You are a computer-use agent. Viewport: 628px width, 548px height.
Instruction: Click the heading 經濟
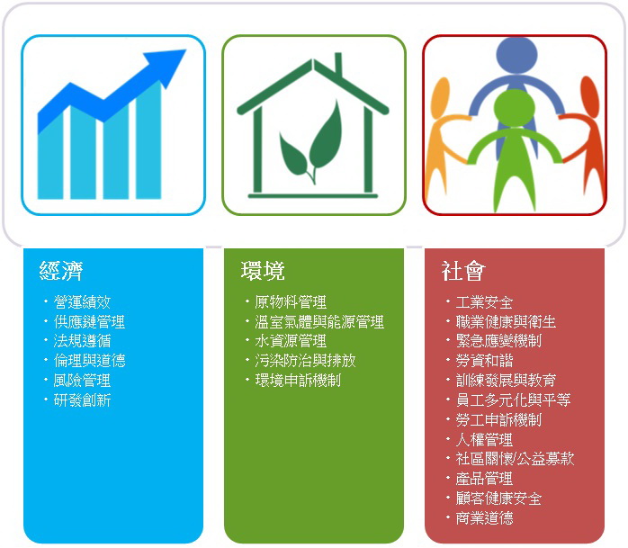pyautogui.click(x=61, y=270)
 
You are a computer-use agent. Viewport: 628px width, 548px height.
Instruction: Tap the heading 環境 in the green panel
pyautogui.click(x=263, y=270)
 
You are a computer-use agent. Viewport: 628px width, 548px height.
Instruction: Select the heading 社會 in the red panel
pyautogui.click(x=463, y=270)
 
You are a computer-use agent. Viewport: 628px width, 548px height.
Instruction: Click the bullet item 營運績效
pyautogui.click(x=82, y=302)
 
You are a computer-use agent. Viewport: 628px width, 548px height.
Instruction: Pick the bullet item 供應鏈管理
pyautogui.click(x=89, y=321)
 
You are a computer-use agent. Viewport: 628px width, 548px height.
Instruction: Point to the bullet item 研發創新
pyautogui.click(x=82, y=400)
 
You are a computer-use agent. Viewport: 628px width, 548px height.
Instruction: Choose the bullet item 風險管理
pyautogui.click(x=82, y=380)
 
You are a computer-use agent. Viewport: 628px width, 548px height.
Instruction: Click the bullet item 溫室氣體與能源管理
pyautogui.click(x=319, y=321)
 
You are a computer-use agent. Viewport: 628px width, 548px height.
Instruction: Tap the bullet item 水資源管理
pyautogui.click(x=291, y=341)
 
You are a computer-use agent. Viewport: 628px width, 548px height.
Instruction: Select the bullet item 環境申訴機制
pyautogui.click(x=298, y=380)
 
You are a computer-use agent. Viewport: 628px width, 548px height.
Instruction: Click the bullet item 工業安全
pyautogui.click(x=484, y=302)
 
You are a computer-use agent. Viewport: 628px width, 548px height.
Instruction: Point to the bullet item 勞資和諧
pyautogui.click(x=484, y=361)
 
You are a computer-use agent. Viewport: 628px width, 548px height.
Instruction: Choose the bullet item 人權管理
pyautogui.click(x=484, y=439)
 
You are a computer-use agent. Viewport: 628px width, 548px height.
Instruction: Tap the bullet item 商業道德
pyautogui.click(x=484, y=518)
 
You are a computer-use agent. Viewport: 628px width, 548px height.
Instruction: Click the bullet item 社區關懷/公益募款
pyautogui.click(x=515, y=459)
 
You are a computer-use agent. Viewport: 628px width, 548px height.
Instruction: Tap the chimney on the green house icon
pyautogui.click(x=338, y=63)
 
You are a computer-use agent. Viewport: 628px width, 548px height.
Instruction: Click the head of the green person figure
pyautogui.click(x=515, y=108)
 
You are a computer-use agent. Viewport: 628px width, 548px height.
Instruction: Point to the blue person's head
pyautogui.click(x=516, y=54)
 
